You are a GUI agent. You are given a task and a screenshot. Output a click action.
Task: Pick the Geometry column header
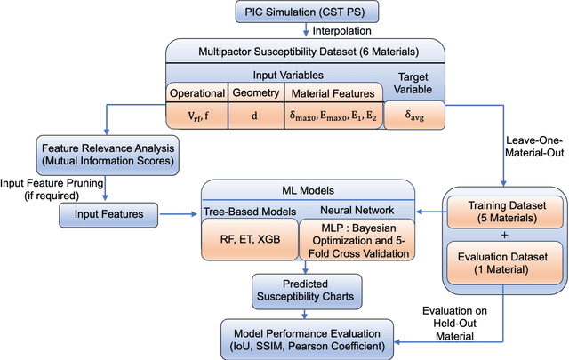click(255, 92)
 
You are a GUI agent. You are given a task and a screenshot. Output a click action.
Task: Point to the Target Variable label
click(415, 84)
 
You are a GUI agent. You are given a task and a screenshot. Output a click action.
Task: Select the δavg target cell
click(414, 115)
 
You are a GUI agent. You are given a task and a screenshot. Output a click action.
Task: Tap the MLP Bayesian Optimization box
click(360, 240)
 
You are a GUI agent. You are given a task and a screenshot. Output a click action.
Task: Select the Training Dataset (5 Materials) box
click(504, 214)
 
